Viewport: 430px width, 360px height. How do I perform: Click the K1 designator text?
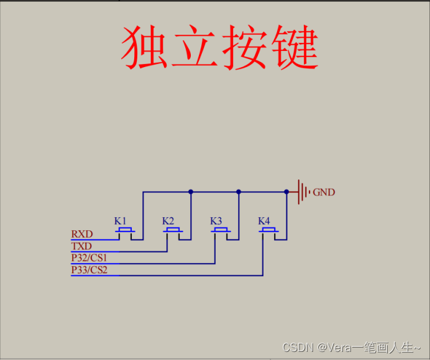tap(120, 221)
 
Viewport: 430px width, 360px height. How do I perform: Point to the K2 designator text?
tap(168, 221)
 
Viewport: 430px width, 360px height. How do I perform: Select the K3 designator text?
tap(216, 221)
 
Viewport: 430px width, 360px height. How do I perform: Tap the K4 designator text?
tap(263, 221)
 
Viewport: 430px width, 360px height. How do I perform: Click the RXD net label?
tap(82, 234)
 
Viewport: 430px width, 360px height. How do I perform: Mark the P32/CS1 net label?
tap(89, 258)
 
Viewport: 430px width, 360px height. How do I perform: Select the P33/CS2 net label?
tap(89, 270)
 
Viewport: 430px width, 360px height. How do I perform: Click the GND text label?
tap(324, 192)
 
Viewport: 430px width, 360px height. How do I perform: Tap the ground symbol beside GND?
tap(303, 192)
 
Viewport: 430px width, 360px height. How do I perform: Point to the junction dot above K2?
tap(191, 192)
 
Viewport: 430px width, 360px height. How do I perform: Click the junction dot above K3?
tap(239, 192)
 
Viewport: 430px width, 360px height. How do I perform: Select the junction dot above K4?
tap(286, 192)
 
